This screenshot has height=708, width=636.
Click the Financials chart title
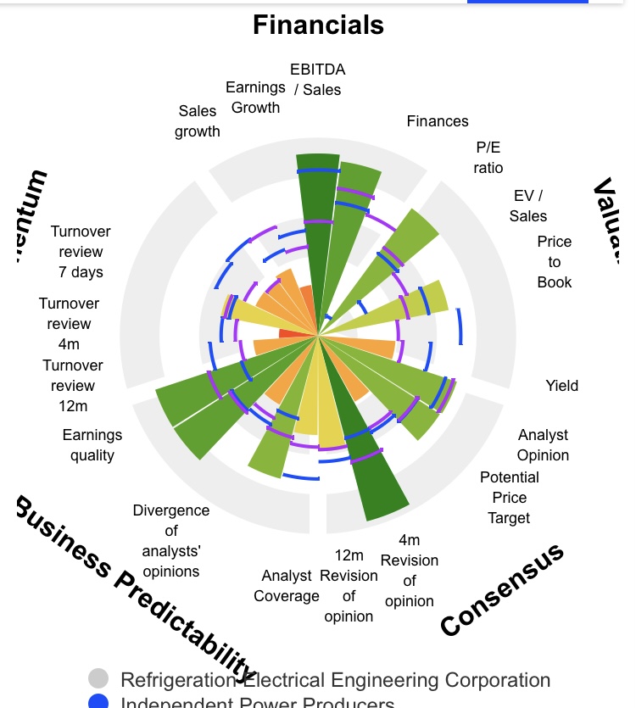(318, 25)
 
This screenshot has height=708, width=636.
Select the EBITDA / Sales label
(317, 79)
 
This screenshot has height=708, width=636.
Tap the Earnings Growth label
(255, 98)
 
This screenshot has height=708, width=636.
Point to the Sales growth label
(198, 121)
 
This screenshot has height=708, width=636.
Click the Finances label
(438, 121)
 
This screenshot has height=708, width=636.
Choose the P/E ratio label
(488, 157)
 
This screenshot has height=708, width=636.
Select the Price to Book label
(555, 262)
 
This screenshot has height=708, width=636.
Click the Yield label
(561, 386)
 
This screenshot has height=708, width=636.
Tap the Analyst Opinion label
(543, 445)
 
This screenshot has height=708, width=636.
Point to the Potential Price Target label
(509, 498)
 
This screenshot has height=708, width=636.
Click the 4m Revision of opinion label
(410, 571)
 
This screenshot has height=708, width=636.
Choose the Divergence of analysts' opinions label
(171, 541)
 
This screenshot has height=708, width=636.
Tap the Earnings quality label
(92, 445)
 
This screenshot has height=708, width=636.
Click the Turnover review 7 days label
(81, 252)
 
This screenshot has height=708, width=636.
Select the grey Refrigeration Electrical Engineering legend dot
(99, 679)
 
